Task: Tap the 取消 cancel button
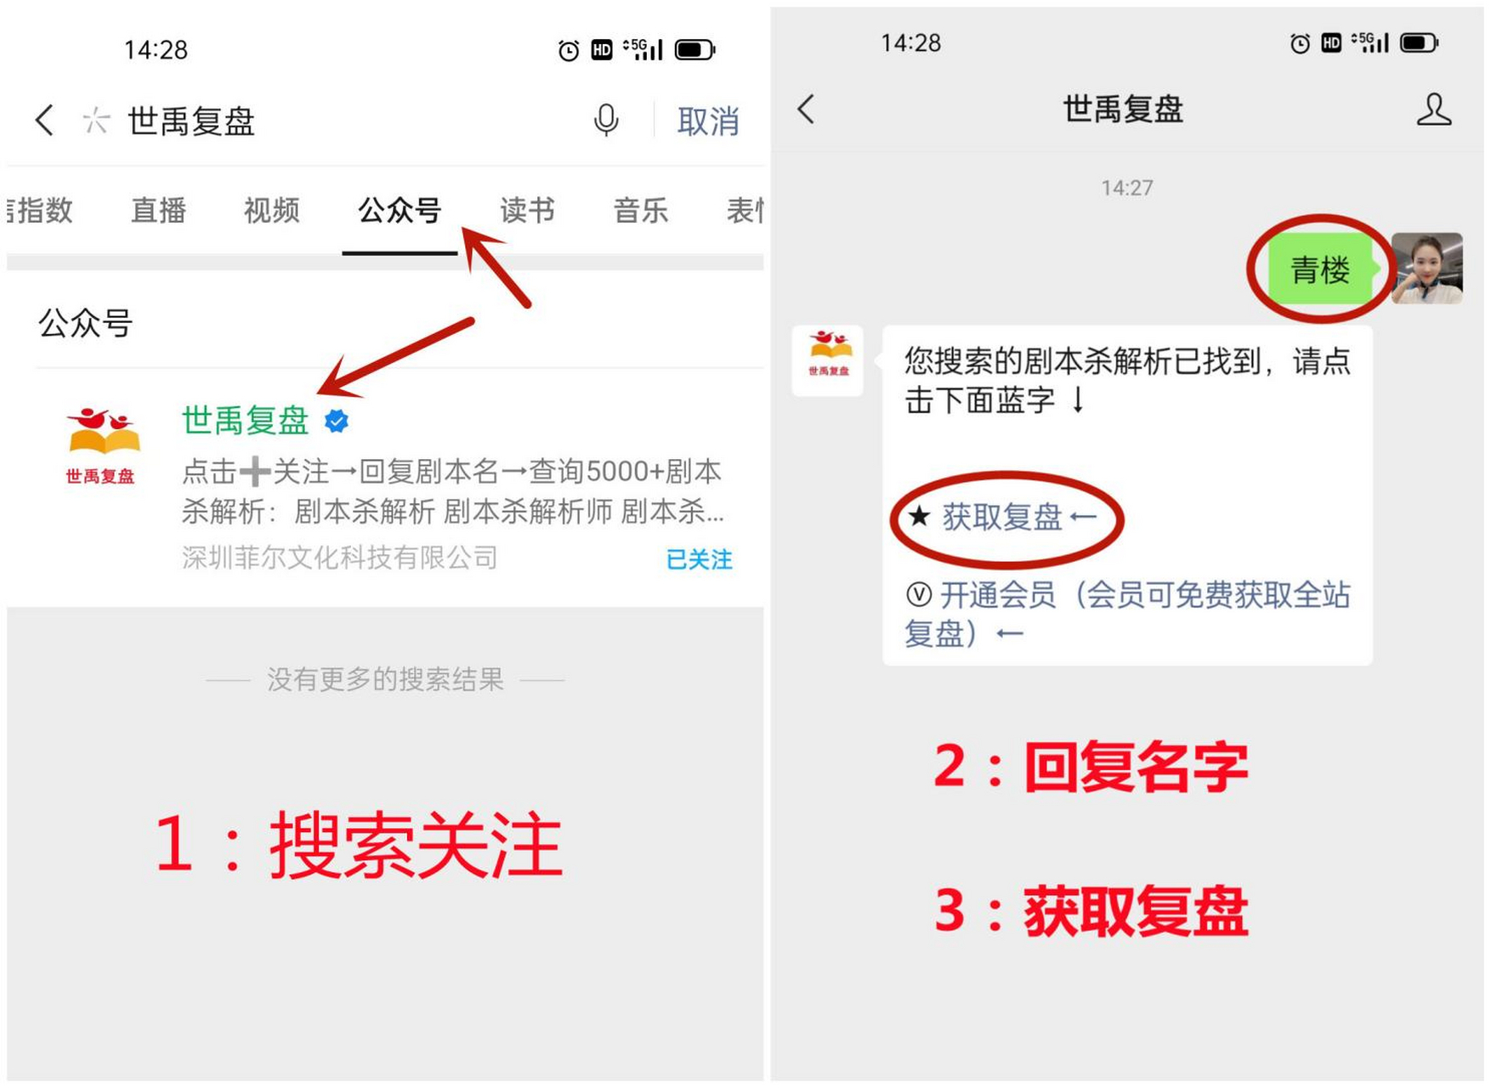[707, 122]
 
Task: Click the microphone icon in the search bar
[605, 121]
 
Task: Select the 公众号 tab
[400, 211]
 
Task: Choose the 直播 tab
[158, 211]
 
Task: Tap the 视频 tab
[272, 211]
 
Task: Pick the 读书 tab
[527, 211]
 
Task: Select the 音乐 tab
[641, 211]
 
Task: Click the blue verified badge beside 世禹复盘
[337, 421]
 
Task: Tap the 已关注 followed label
[699, 559]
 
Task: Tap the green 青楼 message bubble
[1319, 270]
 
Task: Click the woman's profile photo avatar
[1427, 269]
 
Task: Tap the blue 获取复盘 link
[1003, 517]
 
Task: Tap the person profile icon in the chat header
[1433, 110]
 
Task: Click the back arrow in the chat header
[807, 109]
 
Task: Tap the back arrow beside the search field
[45, 121]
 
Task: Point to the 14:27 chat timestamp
[1126, 188]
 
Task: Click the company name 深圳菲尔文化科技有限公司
[340, 558]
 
